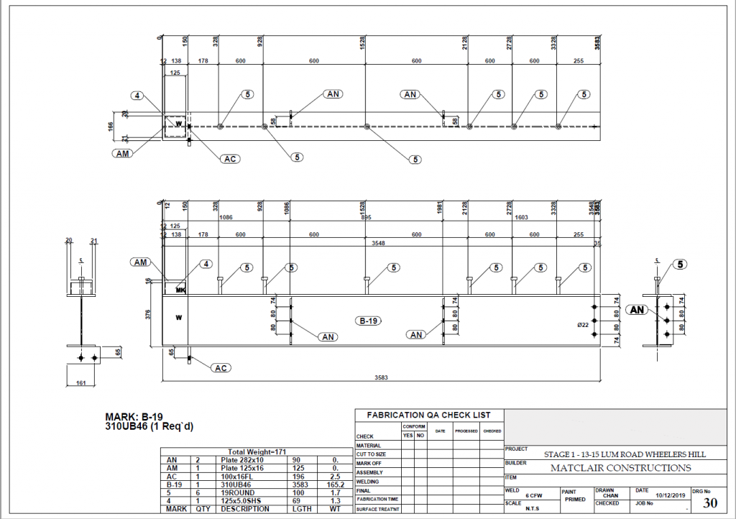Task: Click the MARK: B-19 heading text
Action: point(139,416)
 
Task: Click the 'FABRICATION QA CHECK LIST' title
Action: point(429,415)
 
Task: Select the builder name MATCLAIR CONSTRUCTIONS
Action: point(620,468)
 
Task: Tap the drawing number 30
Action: point(709,502)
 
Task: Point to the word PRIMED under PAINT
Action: point(576,499)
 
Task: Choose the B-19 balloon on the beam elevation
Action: point(368,321)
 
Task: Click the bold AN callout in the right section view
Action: point(636,310)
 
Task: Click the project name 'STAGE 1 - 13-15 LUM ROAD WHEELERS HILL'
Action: point(624,454)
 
